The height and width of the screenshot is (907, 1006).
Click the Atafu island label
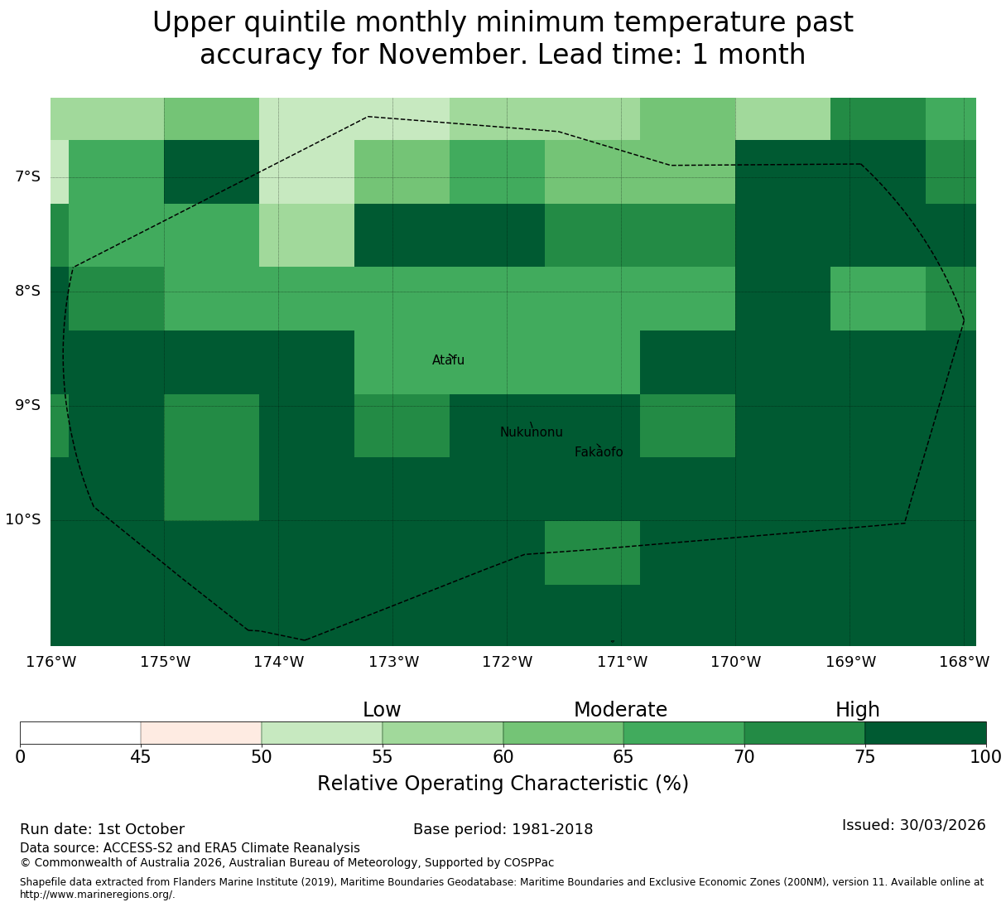click(x=448, y=359)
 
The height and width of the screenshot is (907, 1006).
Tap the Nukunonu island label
click(x=531, y=432)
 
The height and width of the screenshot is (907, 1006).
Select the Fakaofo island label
click(x=599, y=451)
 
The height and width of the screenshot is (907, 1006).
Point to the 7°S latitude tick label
click(x=27, y=176)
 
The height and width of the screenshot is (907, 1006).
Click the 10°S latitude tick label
click(x=23, y=519)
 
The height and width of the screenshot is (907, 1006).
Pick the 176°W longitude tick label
click(x=51, y=662)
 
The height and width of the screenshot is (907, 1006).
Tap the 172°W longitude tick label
click(x=507, y=662)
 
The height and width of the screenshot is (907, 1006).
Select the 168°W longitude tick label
click(x=964, y=662)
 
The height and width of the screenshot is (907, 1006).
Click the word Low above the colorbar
click(x=382, y=710)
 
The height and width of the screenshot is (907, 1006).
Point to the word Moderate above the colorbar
click(x=620, y=710)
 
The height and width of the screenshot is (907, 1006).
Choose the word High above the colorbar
click(x=858, y=710)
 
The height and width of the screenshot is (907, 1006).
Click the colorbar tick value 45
click(x=141, y=757)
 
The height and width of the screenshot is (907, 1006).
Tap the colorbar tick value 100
click(x=986, y=757)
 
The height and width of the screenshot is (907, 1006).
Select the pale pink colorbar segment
click(x=201, y=733)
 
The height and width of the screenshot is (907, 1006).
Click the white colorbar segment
click(x=80, y=733)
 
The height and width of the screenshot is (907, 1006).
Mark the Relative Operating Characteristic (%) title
click(x=503, y=784)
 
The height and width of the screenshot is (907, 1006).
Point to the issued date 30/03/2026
click(x=943, y=825)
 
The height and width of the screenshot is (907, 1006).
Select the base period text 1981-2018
click(x=552, y=829)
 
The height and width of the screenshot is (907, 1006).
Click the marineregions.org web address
click(x=98, y=895)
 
